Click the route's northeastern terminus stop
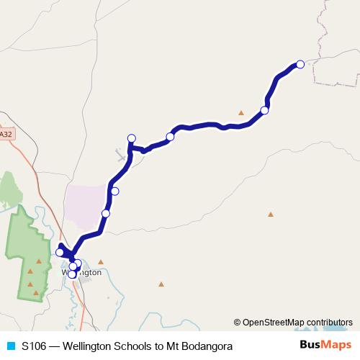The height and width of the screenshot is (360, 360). click(300, 64)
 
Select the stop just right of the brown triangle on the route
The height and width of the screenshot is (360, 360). click(264, 110)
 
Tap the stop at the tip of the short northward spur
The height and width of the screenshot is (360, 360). click(132, 138)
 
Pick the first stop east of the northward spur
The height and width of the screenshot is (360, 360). click(170, 137)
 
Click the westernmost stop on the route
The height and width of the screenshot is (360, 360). click(60, 252)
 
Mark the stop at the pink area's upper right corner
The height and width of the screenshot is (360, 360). click(114, 191)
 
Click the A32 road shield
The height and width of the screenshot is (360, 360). click(6, 134)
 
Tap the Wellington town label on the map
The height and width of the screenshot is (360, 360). click(81, 273)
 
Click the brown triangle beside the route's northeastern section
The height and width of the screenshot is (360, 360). click(242, 112)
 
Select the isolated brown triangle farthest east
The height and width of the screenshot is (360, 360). click(271, 214)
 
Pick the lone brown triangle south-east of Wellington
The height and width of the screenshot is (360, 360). click(161, 284)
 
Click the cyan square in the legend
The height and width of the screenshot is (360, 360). click(10, 346)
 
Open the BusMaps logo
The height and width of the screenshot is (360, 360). click(325, 346)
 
